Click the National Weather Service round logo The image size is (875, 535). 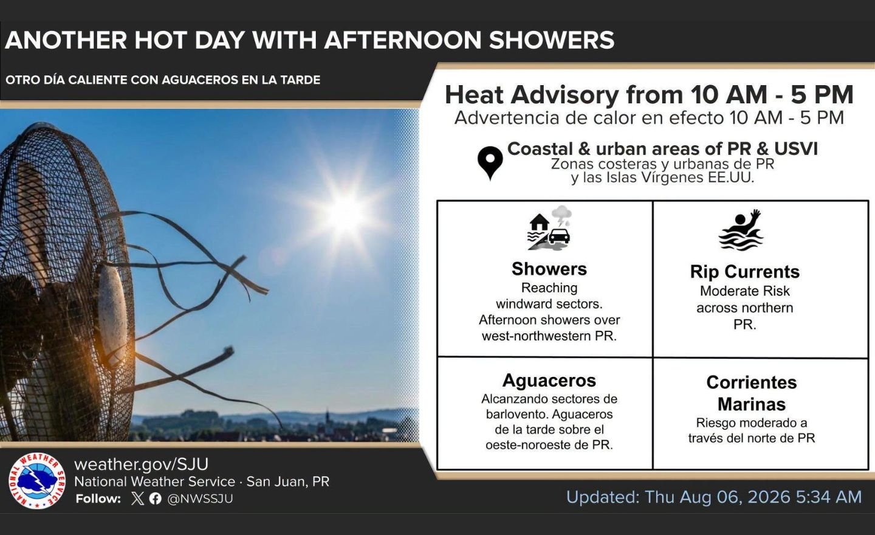[37, 481]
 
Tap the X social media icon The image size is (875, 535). [137, 499]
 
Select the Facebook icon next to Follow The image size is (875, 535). [155, 499]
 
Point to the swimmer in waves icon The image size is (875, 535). [741, 230]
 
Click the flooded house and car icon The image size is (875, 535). [549, 228]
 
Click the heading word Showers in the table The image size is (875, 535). [549, 269]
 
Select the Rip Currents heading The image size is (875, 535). [745, 272]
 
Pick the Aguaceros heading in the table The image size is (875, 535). [549, 380]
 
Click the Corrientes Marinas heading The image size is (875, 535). [752, 393]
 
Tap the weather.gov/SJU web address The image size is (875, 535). [142, 464]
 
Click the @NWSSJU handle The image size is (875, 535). [200, 499]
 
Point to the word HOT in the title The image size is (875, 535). [160, 40]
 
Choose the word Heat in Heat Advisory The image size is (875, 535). [474, 95]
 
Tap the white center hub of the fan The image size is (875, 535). [112, 311]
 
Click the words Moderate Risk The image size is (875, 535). [744, 291]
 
